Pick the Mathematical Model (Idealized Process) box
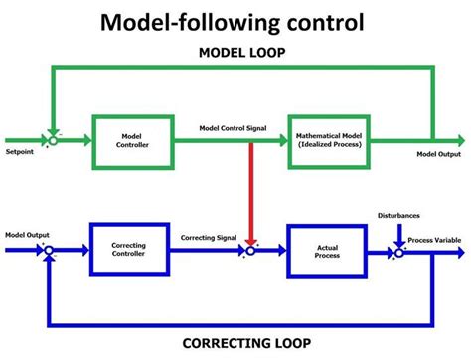(329, 140)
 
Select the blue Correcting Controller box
(131, 251)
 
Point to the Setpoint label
(22, 154)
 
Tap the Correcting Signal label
(210, 237)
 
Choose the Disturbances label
(399, 215)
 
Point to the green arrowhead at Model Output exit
(460, 140)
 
